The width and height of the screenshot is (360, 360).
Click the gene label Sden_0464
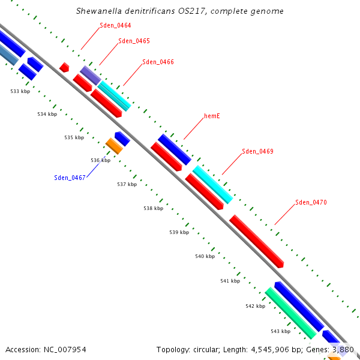[115, 25]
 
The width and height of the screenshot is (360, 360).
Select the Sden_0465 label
[134, 41]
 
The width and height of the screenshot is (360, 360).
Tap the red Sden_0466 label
[158, 62]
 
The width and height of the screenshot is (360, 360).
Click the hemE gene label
[212, 116]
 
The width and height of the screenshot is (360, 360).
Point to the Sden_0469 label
[257, 151]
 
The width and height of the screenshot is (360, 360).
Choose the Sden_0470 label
[311, 202]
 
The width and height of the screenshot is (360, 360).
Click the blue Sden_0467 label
[70, 177]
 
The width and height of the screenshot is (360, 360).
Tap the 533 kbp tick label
[20, 91]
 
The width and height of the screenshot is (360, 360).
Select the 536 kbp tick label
[101, 160]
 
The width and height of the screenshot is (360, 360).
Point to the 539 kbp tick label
[179, 232]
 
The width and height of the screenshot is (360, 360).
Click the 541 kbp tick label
[230, 281]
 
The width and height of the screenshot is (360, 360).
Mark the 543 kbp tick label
[280, 331]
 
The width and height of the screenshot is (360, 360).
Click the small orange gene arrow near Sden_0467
[113, 145]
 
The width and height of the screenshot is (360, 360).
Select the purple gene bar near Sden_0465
[91, 75]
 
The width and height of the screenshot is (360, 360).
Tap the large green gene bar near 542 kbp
[291, 313]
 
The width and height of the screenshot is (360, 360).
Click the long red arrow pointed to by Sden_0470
[256, 241]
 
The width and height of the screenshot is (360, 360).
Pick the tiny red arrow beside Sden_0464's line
[64, 67]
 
